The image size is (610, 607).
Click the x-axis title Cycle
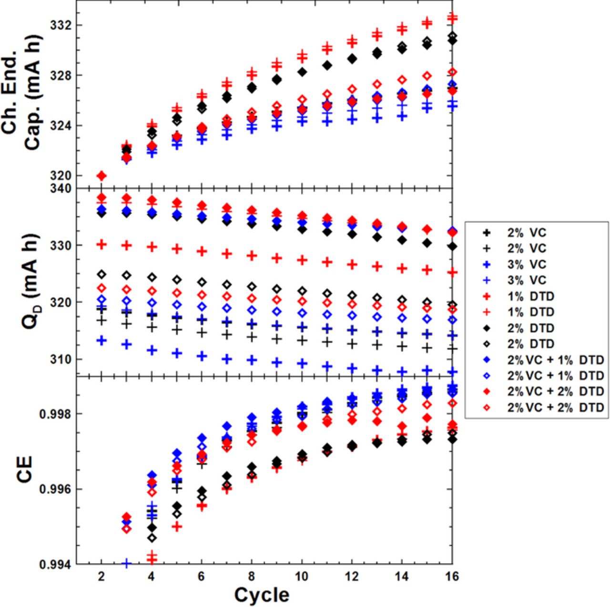pyautogui.click(x=262, y=595)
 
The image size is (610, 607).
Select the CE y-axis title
pyautogui.click(x=25, y=469)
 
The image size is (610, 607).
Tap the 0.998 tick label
pyautogui.click(x=55, y=413)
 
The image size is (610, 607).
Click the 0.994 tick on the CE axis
pyautogui.click(x=55, y=565)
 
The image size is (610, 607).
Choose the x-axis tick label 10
pyautogui.click(x=302, y=576)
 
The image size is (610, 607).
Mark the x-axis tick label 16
pyautogui.click(x=452, y=576)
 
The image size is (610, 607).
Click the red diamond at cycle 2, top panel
pyautogui.click(x=101, y=176)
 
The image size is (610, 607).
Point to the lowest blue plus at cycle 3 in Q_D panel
pyautogui.click(x=126, y=344)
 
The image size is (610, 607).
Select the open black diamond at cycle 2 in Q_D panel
pyautogui.click(x=101, y=274)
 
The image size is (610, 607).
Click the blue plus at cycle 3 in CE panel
pyautogui.click(x=126, y=564)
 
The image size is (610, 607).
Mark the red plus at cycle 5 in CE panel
pyautogui.click(x=177, y=526)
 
